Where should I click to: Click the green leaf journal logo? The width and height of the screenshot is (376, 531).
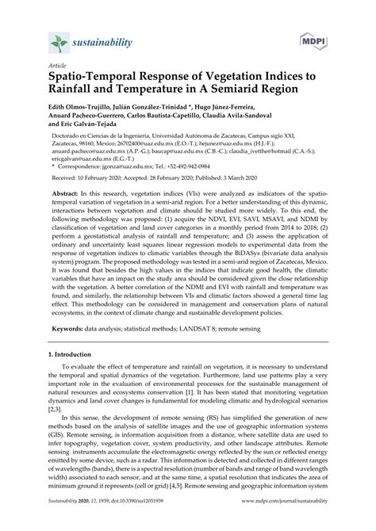click(x=56, y=40)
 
